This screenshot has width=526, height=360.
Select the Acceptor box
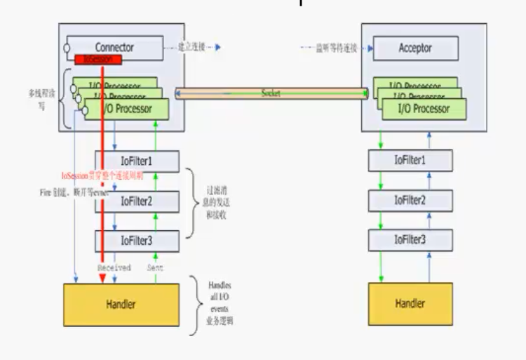415,48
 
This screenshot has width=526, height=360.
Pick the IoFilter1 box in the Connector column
137,161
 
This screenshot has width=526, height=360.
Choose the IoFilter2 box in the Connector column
137,201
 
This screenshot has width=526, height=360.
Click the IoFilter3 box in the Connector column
137,241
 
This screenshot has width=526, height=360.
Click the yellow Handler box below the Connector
121,304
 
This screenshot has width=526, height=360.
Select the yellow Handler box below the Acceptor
410,304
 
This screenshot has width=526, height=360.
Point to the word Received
113,267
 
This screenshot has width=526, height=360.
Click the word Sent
156,267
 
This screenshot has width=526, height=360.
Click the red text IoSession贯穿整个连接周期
102,176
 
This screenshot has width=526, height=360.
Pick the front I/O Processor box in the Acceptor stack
423,108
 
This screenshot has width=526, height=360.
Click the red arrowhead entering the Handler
102,279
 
